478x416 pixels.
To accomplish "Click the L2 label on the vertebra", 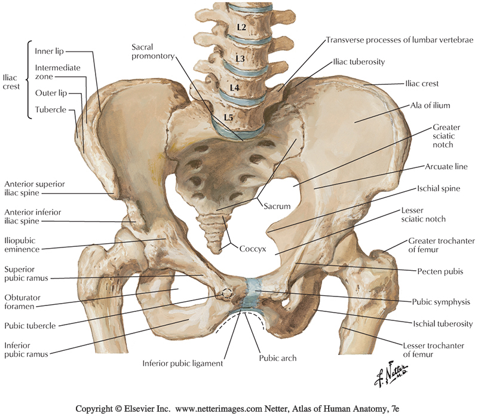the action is pyautogui.click(x=241, y=27).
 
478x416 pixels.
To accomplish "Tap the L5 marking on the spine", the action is pyautogui.click(x=228, y=117).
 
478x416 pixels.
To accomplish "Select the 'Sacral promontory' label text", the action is pyautogui.click(x=153, y=51).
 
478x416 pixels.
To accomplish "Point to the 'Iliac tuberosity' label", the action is pyautogui.click(x=359, y=62).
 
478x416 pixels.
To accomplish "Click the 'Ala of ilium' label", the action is pyautogui.click(x=430, y=106).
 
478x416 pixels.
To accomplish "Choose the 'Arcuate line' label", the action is pyautogui.click(x=446, y=167).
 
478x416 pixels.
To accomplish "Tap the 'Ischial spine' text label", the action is pyautogui.click(x=439, y=189).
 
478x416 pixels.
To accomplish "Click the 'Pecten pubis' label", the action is pyautogui.click(x=440, y=271).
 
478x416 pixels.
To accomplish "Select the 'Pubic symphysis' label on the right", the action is pyautogui.click(x=441, y=302).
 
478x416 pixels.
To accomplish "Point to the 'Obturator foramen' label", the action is pyautogui.click(x=22, y=302).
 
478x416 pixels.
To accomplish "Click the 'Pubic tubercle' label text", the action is pyautogui.click(x=30, y=326).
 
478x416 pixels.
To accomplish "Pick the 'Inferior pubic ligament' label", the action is pyautogui.click(x=183, y=363).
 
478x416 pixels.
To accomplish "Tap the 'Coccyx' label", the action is pyautogui.click(x=253, y=249).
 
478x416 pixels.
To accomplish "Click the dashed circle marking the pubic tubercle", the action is pyautogui.click(x=227, y=293).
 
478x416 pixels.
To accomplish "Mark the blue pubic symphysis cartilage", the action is pyautogui.click(x=252, y=293).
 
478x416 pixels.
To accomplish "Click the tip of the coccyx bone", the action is pyautogui.click(x=217, y=251).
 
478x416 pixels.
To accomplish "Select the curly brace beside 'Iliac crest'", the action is pyautogui.click(x=29, y=79).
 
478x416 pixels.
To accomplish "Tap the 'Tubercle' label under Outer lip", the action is pyautogui.click(x=51, y=110).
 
